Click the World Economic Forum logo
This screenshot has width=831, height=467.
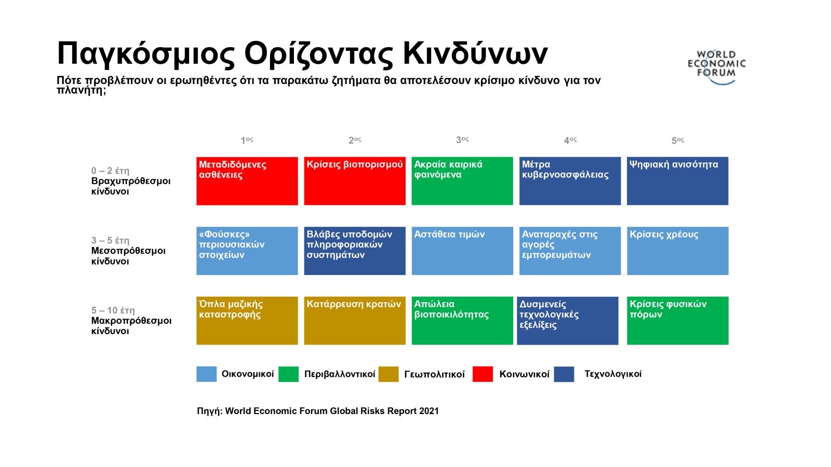click(717, 68)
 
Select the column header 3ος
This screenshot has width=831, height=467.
click(462, 140)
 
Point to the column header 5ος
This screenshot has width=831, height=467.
click(678, 141)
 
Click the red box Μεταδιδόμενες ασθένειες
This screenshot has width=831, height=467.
click(247, 181)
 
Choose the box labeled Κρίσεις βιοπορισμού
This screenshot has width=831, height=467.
click(355, 181)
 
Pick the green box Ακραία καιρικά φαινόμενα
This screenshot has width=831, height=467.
click(462, 181)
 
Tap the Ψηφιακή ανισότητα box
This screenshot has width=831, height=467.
click(678, 181)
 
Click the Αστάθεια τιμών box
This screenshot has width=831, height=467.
click(462, 251)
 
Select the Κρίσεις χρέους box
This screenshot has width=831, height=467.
click(678, 251)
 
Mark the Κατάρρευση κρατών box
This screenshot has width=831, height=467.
click(355, 321)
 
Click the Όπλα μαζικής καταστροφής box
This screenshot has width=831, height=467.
click(247, 321)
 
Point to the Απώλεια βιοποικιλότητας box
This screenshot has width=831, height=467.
click(462, 321)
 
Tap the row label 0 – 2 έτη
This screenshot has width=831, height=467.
click(110, 171)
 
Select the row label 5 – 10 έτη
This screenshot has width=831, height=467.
click(113, 310)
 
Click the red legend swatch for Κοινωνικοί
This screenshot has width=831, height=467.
click(482, 374)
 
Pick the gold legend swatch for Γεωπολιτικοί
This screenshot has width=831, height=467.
click(388, 374)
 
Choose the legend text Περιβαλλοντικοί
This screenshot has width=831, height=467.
click(340, 374)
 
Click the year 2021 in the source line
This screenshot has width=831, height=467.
click(429, 411)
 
